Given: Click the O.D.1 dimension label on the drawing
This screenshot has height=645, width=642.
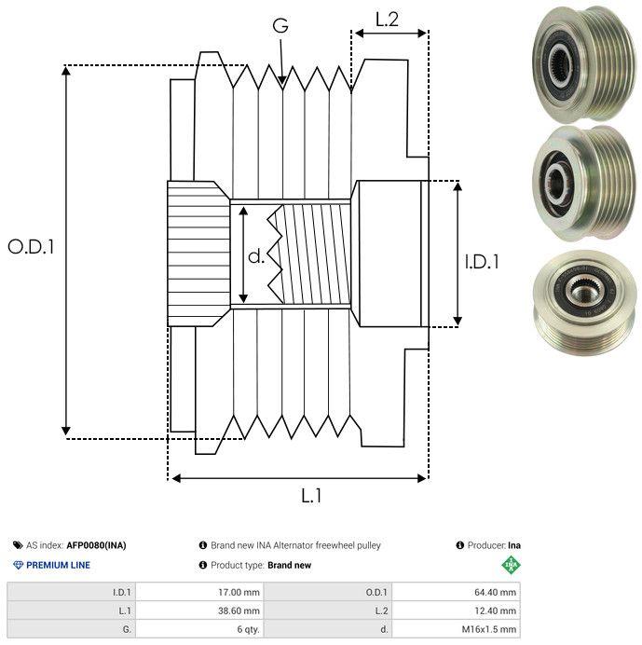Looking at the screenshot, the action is coord(31,247).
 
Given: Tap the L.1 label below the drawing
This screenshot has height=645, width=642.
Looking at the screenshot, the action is coord(311,496).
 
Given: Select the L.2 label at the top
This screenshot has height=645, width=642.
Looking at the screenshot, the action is coord(387,20).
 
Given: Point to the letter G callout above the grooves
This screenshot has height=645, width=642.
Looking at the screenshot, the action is coord(280,25).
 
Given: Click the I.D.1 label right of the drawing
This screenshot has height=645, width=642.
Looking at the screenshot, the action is coord(482,262).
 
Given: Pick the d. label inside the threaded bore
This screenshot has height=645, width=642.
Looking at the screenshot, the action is coord(256,256).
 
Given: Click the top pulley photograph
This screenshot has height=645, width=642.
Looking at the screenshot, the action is coord(584,63).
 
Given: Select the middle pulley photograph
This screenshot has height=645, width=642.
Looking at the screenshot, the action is coord(584,184).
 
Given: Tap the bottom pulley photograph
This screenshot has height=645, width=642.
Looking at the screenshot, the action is coord(584,302).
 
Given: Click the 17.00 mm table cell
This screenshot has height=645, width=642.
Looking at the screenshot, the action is coord(239,593).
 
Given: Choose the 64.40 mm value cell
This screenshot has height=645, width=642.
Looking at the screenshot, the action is coord(495,593).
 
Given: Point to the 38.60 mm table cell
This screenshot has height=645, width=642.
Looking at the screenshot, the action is coord(239,611).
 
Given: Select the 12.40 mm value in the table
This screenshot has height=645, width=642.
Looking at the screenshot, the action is coord(495,611).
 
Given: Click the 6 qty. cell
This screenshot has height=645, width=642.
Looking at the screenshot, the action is coord(249,629).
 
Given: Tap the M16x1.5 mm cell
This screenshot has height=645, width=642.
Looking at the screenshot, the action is coord(489,629).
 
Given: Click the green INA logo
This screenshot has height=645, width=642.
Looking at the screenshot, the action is coord(512,565).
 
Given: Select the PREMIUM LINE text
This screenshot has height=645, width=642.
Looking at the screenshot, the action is coord(58,565).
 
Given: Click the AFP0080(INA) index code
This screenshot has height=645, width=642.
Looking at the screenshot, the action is coord(96,545).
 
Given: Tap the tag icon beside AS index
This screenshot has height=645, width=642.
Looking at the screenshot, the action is coord(18,545).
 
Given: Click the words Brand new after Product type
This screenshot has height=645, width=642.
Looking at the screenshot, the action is coord(290,565).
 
